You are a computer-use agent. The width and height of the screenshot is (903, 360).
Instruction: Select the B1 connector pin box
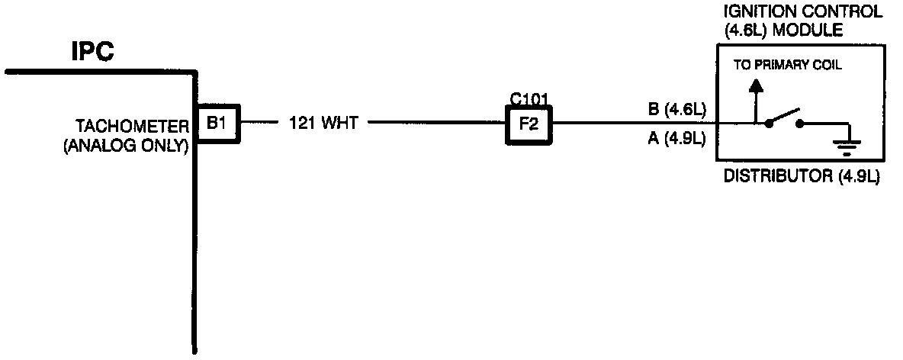217,123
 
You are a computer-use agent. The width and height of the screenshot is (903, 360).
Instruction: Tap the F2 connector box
529,124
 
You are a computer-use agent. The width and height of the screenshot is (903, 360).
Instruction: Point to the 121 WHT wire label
323,123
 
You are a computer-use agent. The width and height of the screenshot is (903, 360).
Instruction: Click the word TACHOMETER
130,124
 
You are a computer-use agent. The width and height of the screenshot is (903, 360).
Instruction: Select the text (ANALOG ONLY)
125,146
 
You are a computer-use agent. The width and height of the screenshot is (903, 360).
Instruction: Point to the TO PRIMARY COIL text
787,65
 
